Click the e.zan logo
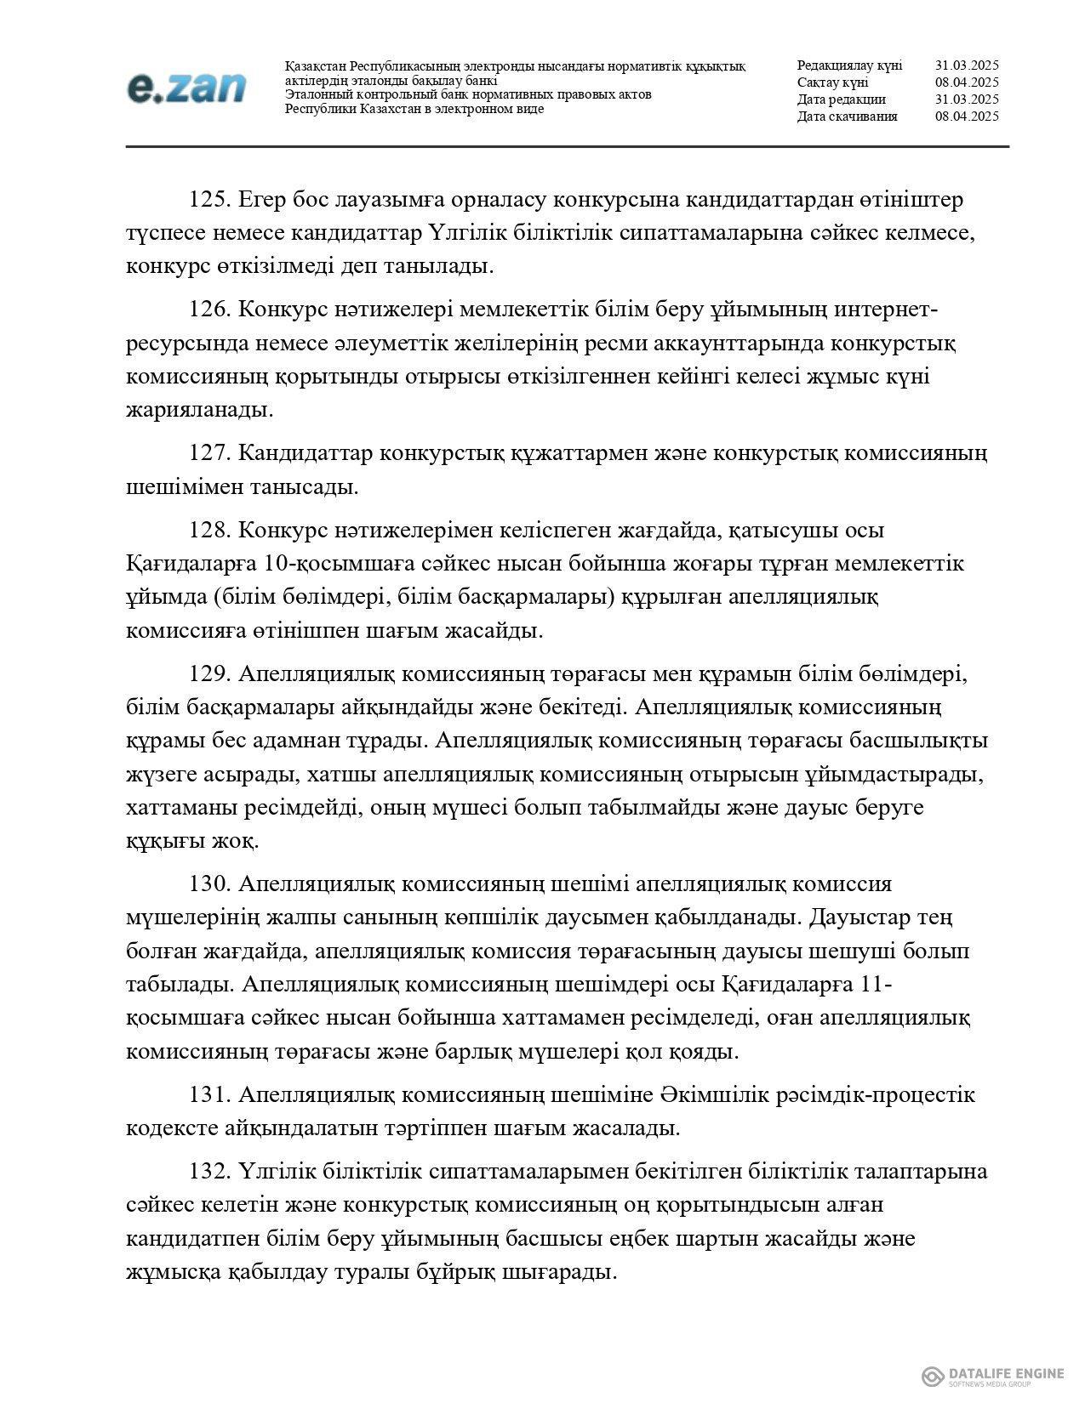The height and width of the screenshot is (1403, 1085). [x=186, y=88]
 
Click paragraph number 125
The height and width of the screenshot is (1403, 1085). [x=210, y=200]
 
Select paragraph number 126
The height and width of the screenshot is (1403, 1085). [x=210, y=310]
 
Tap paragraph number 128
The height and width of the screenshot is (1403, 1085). [x=210, y=531]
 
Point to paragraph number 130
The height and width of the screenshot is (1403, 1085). [x=210, y=883]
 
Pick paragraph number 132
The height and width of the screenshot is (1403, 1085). [x=210, y=1171]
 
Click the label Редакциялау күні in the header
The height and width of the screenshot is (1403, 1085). [x=849, y=65]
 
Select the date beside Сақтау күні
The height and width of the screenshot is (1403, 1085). [x=967, y=82]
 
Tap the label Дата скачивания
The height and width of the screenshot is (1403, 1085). [x=847, y=116]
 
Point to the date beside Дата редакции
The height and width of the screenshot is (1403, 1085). [x=967, y=99]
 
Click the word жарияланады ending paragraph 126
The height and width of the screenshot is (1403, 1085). [x=200, y=410]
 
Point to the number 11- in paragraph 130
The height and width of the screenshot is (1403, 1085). [x=876, y=984]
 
